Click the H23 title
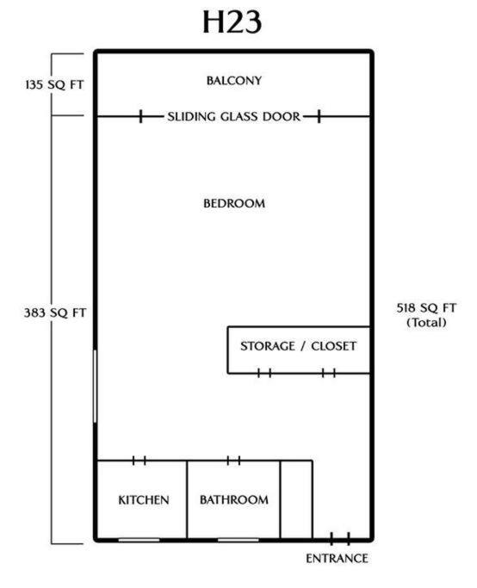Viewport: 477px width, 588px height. [x=232, y=22]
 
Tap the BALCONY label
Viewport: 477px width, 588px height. [x=234, y=80]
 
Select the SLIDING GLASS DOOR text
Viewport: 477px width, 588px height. [x=234, y=116]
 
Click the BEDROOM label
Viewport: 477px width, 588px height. [x=234, y=203]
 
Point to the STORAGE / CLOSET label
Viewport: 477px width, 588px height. [x=298, y=346]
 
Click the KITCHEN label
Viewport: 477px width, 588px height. [x=144, y=500]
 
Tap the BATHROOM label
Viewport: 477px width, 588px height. [x=234, y=499]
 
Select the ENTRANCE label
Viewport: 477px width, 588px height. [x=337, y=559]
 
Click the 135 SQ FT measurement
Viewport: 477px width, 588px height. [x=55, y=84]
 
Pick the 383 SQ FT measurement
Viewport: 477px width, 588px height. [x=55, y=313]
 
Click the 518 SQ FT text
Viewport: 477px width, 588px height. [x=426, y=308]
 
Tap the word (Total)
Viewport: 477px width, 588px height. [x=427, y=323]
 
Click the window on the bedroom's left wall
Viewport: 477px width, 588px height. [x=96, y=387]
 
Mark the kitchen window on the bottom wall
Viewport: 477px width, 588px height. [x=139, y=540]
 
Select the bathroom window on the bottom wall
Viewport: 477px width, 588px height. [x=238, y=540]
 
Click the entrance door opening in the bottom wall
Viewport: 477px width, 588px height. [x=340, y=539]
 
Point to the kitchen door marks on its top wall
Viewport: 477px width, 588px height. [x=139, y=460]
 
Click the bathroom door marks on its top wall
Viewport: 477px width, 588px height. [x=233, y=460]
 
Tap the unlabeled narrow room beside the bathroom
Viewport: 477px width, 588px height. [x=296, y=499]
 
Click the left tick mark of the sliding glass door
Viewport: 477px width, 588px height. [x=140, y=116]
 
